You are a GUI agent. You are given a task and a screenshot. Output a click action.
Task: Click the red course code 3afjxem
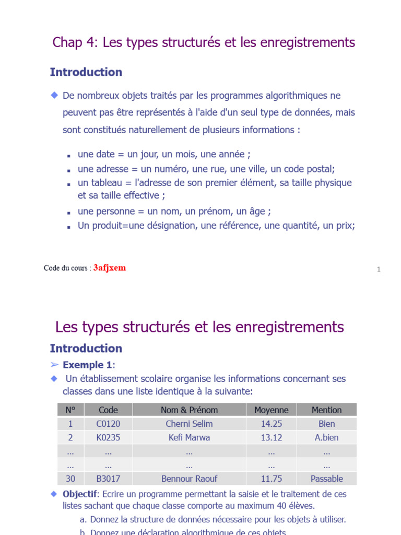click(x=110, y=268)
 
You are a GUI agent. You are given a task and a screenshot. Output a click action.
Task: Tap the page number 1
click(x=379, y=270)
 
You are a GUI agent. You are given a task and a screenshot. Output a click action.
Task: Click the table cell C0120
click(x=108, y=424)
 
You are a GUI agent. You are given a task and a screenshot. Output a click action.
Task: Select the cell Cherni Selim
click(x=189, y=424)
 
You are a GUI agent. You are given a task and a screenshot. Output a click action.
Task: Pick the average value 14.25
click(x=272, y=424)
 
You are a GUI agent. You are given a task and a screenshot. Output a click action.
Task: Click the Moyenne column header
click(x=272, y=410)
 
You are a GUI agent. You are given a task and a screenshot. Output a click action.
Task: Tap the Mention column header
click(x=326, y=410)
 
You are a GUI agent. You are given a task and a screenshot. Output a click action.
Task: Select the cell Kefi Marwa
click(x=189, y=437)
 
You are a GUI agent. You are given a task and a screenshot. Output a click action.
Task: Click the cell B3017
click(x=108, y=479)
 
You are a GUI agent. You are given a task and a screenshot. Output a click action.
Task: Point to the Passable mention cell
click(x=326, y=479)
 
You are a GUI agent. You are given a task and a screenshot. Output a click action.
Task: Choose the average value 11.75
click(x=272, y=479)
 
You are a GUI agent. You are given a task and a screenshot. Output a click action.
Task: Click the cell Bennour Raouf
click(x=189, y=479)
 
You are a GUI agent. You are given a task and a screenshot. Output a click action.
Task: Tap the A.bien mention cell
click(x=326, y=437)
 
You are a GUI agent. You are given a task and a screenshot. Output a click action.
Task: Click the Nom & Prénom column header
click(x=189, y=410)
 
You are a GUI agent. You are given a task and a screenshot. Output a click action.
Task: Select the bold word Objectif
click(x=80, y=494)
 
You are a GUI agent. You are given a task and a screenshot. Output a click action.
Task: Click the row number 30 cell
click(x=70, y=479)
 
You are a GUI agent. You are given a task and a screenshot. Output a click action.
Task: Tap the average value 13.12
click(x=272, y=437)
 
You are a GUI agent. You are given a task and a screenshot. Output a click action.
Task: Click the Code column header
click(x=108, y=410)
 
